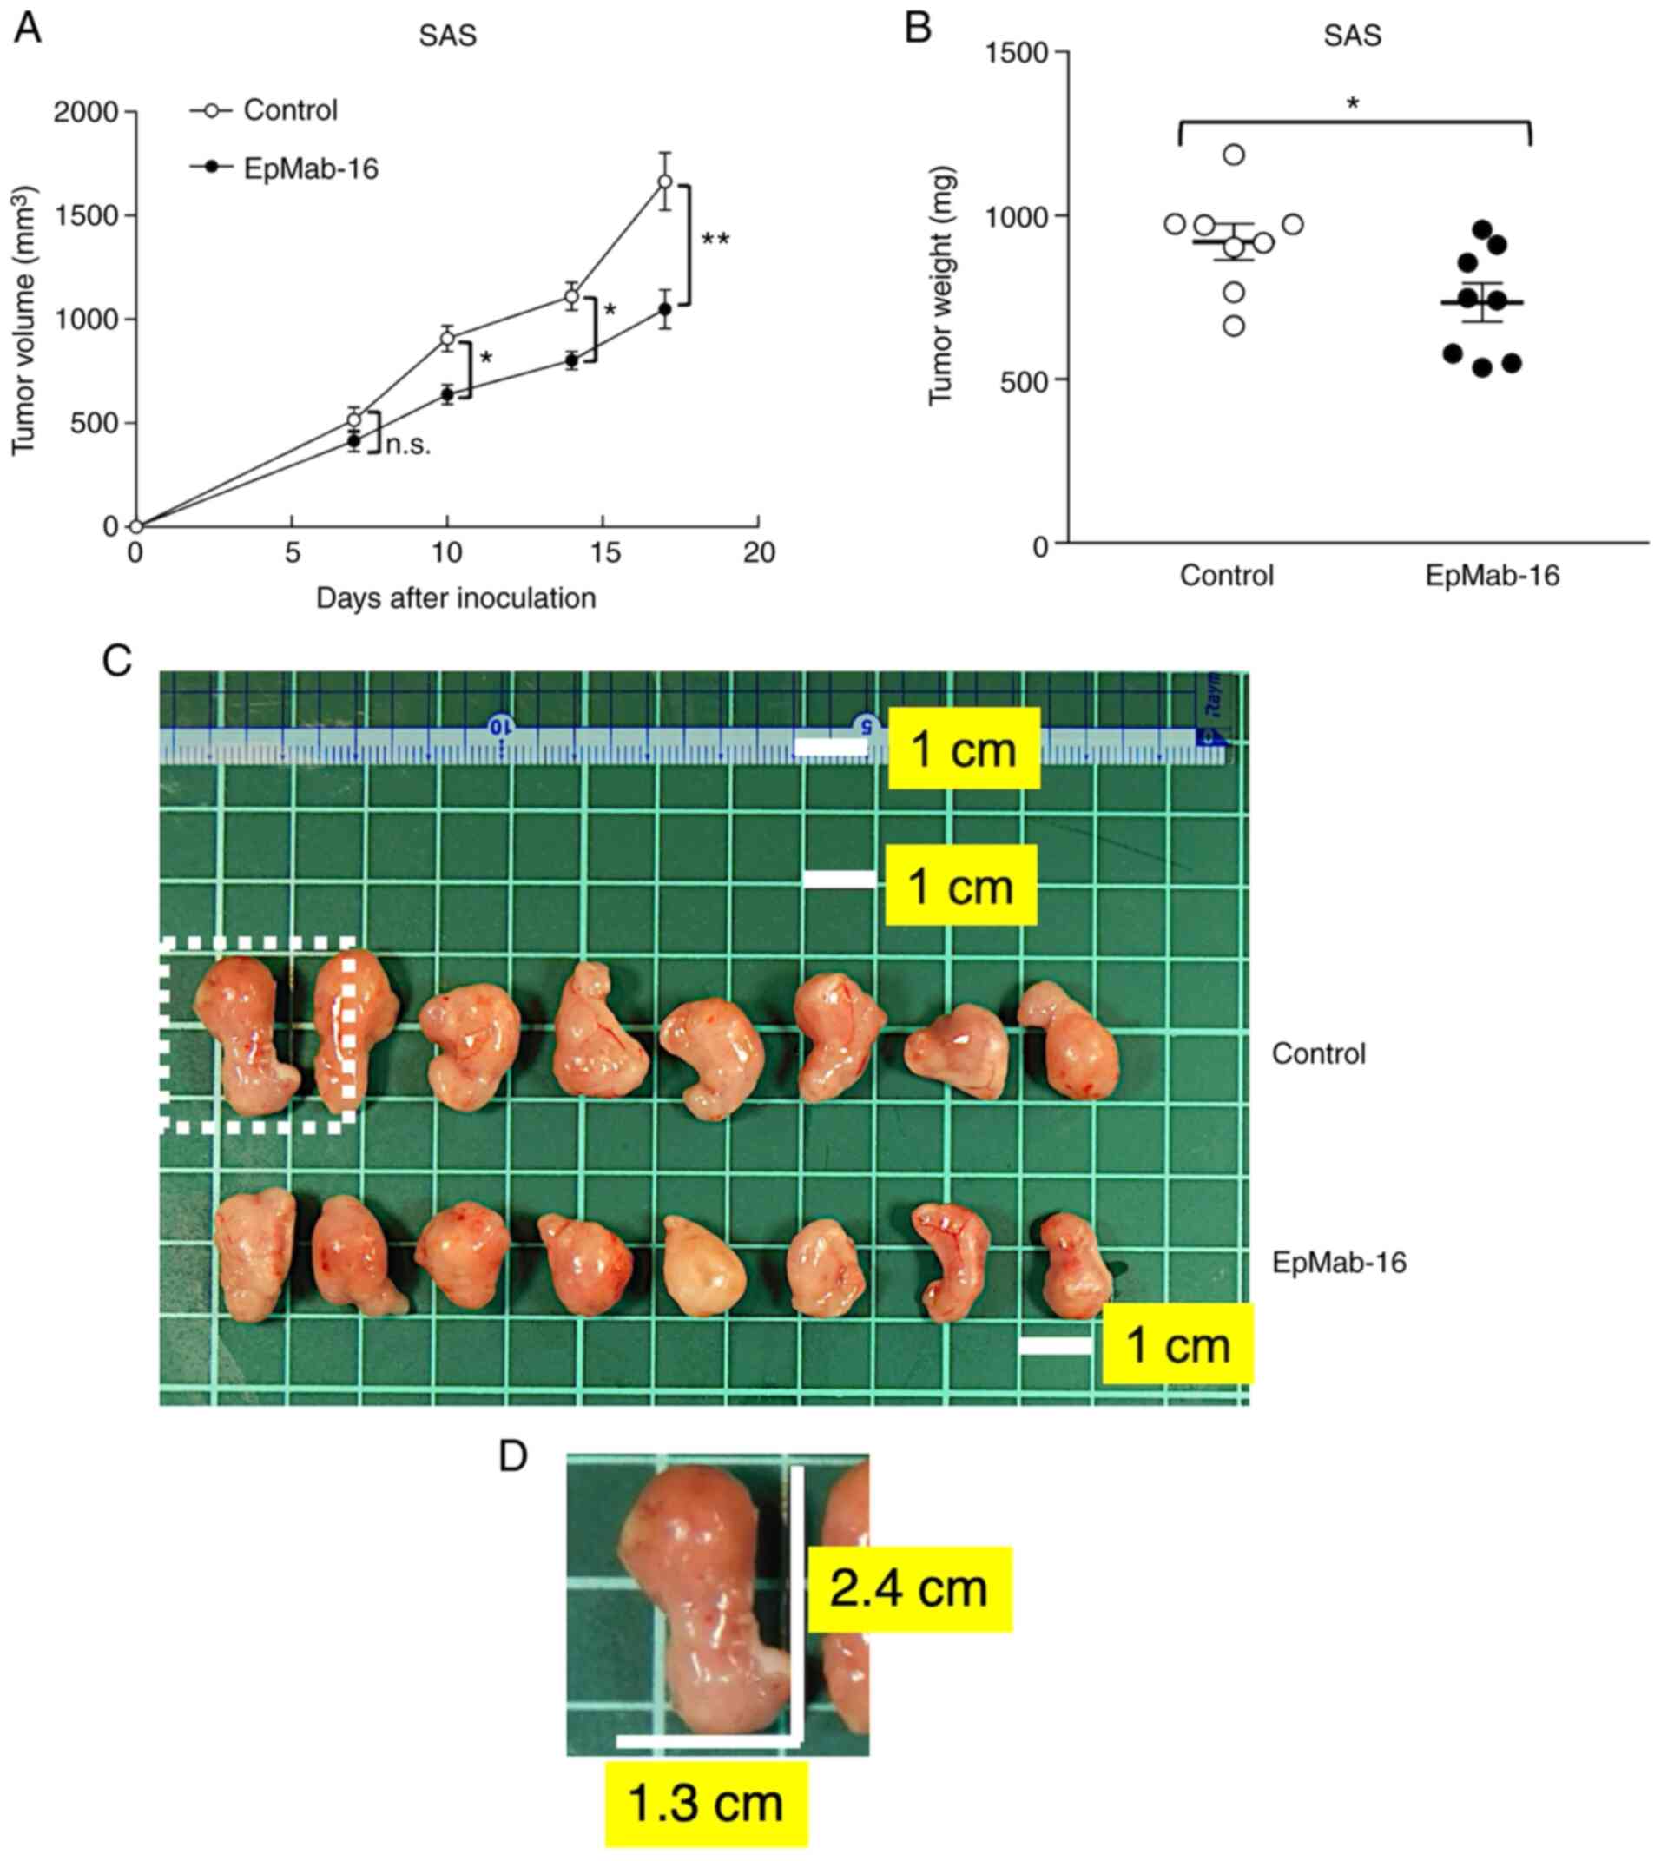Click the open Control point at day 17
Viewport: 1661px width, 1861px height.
pos(665,181)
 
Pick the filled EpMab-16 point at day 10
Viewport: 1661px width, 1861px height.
pos(447,394)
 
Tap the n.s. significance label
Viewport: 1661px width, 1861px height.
pos(408,445)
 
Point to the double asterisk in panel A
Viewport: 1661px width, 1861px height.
pos(715,241)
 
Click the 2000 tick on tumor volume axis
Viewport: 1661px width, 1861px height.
pos(87,112)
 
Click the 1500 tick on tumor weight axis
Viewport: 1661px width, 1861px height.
pos(1018,52)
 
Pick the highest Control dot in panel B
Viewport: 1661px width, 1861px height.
pos(1234,155)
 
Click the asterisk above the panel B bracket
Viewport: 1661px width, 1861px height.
pos(1353,104)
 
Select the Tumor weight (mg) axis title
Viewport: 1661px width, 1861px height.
pos(940,286)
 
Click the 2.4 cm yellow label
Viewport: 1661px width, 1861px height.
pos(909,1589)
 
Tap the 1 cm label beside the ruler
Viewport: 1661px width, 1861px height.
pos(964,749)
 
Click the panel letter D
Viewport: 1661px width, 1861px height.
pos(513,1456)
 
